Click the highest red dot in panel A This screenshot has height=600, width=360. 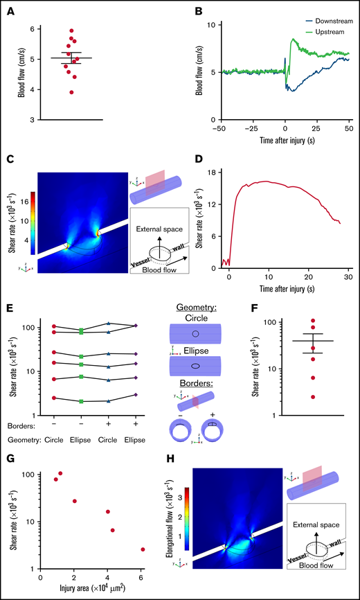71,31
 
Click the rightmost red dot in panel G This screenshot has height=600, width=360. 143,549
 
